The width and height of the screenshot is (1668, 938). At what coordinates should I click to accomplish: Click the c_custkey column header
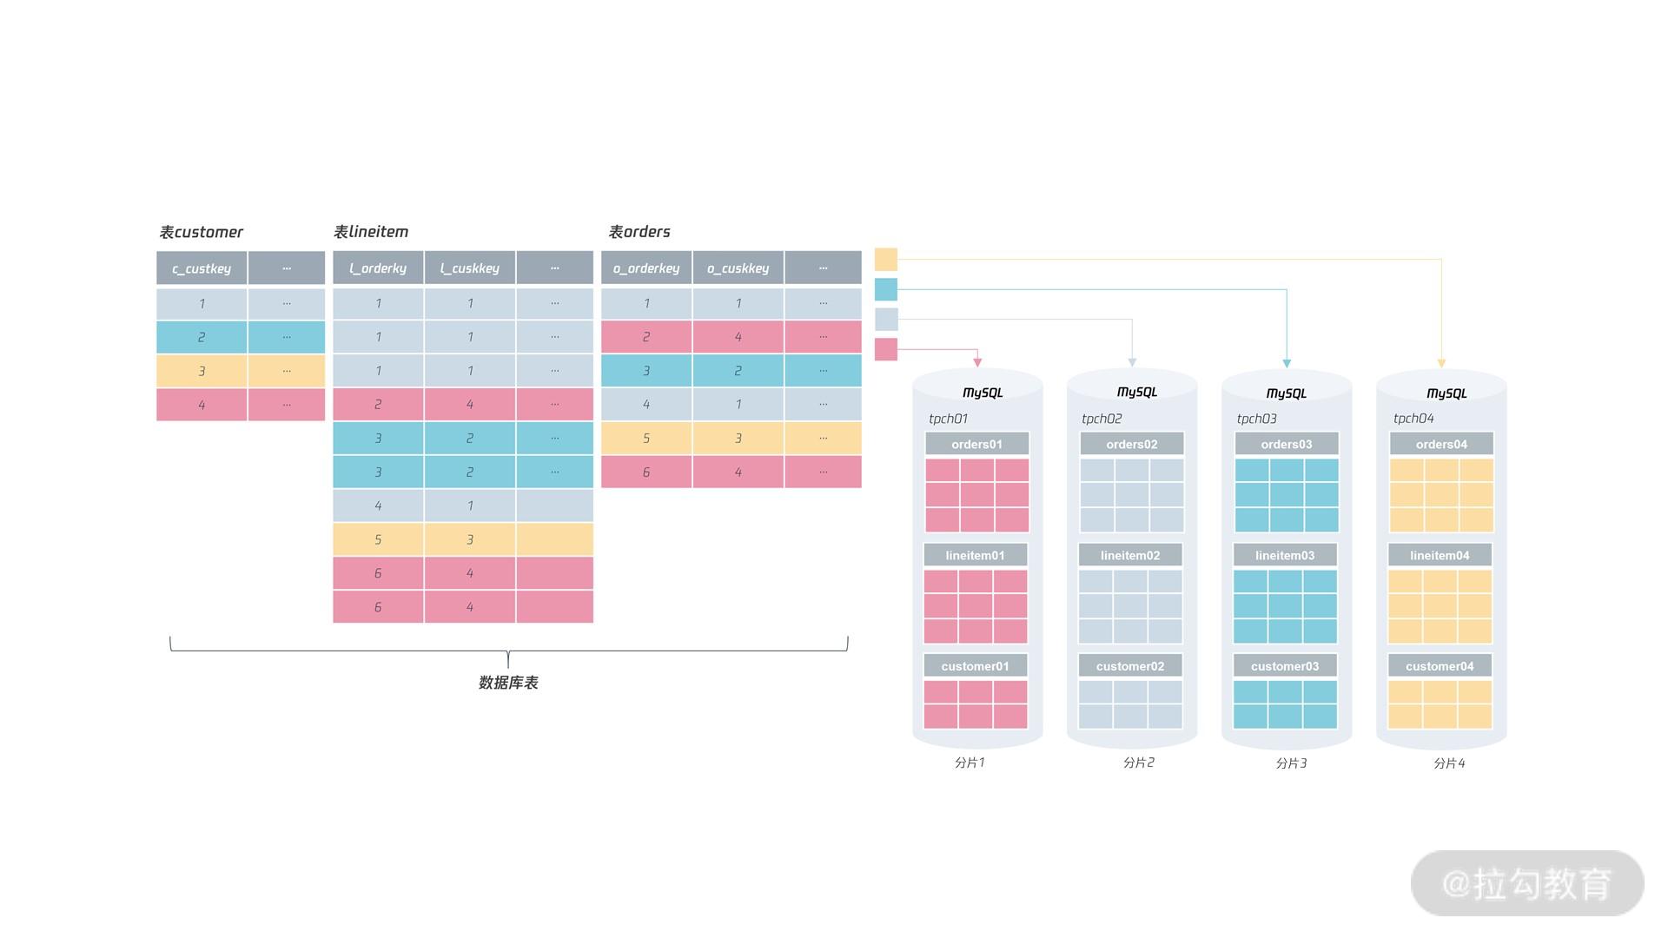202,268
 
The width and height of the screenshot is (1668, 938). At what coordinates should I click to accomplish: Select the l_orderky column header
378,268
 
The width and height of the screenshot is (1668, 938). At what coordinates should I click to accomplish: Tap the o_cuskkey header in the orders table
738,268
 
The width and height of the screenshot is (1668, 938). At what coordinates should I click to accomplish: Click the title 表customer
202,232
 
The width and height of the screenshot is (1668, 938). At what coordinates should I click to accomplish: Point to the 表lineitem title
371,232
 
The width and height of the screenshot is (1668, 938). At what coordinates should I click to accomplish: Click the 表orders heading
639,232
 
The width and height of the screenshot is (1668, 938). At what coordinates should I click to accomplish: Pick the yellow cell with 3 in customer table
202,371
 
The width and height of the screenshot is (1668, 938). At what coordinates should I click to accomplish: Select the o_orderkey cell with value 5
646,439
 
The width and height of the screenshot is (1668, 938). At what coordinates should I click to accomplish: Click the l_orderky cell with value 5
378,539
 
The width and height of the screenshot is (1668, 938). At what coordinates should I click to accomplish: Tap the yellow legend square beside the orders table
885,259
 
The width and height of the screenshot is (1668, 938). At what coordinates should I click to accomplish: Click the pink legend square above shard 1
885,349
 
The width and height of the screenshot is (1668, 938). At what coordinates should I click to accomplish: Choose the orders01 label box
976,444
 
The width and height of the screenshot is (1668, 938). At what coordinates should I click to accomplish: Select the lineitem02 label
1129,555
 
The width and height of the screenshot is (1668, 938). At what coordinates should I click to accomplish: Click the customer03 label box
1284,666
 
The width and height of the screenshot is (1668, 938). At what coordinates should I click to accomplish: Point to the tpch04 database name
1413,419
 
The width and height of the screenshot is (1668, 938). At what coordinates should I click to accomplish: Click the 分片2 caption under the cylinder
1138,763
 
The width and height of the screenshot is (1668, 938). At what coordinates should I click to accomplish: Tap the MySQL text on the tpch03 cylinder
1286,393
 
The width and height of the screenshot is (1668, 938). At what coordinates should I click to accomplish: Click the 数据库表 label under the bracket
508,683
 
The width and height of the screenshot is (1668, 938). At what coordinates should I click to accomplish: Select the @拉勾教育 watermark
1526,883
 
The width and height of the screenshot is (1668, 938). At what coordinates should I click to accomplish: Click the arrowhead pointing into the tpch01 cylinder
977,362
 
